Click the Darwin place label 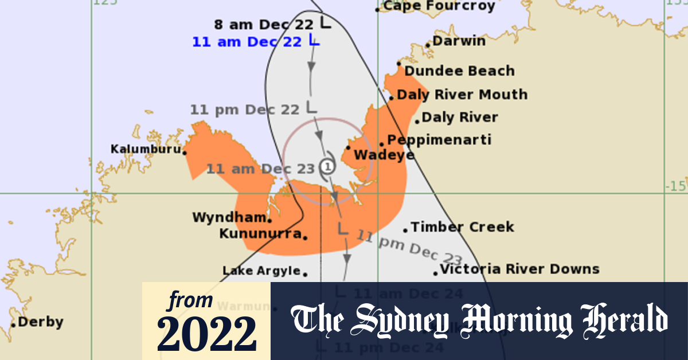coord(459,41)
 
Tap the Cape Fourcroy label coord(439,6)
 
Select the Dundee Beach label coord(459,71)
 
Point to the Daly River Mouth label coord(462,95)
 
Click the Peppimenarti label coord(439,140)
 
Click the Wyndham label coord(229,218)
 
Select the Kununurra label coord(261,234)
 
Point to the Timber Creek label coord(462,227)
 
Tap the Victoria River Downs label coord(519,269)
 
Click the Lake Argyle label coord(261,271)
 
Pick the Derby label coord(40,322)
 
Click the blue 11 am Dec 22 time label coord(247,42)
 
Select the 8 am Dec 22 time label coord(264,25)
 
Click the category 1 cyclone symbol coord(327,167)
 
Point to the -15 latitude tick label coord(676,186)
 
